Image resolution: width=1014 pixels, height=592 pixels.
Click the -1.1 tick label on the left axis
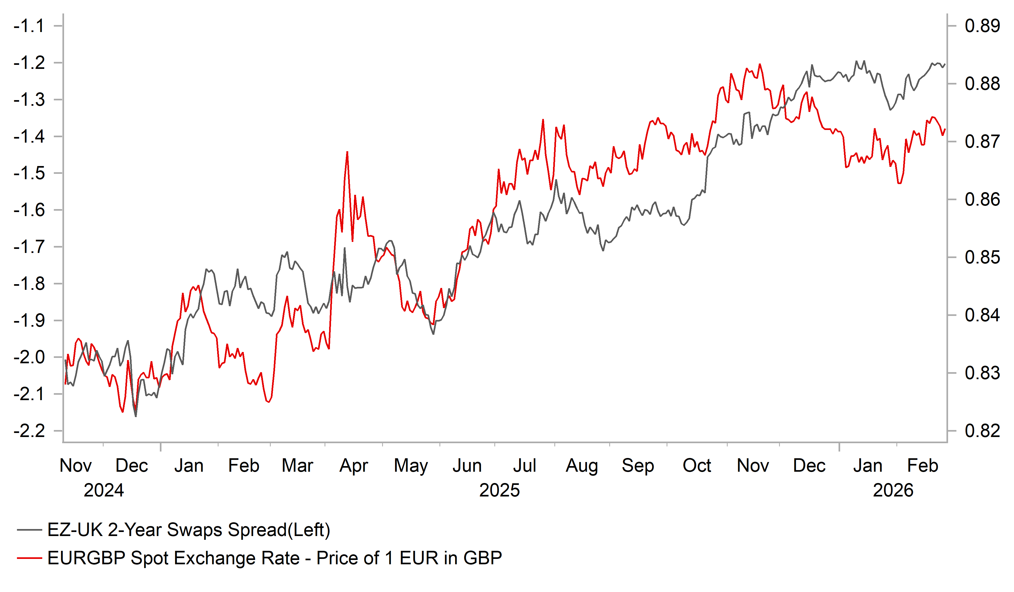point(29,26)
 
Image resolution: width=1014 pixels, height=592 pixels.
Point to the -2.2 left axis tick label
point(29,431)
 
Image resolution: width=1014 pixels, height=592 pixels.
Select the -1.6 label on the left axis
point(29,210)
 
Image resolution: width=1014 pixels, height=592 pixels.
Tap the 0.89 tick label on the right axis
point(982,26)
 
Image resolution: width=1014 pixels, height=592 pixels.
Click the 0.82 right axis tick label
point(982,431)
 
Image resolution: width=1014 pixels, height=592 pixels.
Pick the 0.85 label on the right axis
point(982,258)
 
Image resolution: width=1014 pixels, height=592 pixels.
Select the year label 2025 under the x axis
point(499,490)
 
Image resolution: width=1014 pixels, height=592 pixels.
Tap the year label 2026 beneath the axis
point(893,490)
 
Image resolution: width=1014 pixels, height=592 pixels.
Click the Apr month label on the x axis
point(354,466)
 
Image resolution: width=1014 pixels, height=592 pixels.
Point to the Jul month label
point(524,466)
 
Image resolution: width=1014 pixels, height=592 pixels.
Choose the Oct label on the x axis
point(697,466)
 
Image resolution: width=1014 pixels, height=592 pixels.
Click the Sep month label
point(638,466)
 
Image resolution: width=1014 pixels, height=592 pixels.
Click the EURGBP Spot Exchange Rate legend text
point(274,558)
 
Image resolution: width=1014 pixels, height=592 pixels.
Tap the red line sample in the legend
point(29,558)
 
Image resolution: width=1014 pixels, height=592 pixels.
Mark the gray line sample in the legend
point(29,530)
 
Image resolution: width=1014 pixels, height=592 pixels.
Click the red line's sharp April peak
point(347,152)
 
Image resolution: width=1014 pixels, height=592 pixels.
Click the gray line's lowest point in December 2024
point(136,416)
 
